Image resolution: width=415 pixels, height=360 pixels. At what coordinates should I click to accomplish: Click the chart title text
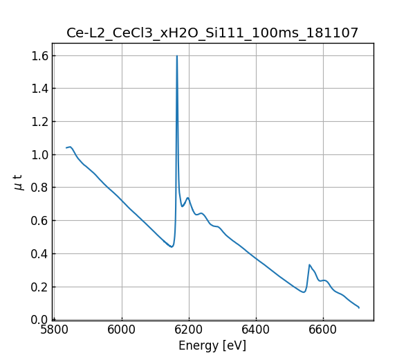click(x=212, y=33)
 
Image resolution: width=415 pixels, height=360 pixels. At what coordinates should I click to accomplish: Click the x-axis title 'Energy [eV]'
click(x=212, y=345)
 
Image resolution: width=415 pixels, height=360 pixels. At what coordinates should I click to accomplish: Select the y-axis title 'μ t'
click(x=18, y=182)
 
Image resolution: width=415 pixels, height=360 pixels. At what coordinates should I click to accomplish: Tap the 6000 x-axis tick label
click(x=122, y=330)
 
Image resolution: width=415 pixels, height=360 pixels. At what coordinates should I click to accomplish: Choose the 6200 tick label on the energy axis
click(x=189, y=330)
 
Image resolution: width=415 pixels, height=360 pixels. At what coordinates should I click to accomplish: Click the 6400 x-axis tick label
click(x=256, y=330)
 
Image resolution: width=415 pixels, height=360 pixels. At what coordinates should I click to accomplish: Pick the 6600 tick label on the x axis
click(x=323, y=330)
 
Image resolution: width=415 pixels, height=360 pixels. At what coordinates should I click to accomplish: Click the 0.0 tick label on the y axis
click(x=39, y=320)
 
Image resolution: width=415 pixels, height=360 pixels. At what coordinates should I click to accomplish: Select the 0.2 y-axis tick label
click(x=39, y=287)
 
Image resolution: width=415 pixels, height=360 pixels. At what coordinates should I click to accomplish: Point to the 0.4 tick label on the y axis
click(x=39, y=253)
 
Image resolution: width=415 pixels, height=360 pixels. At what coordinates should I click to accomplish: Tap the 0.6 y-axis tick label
click(x=39, y=220)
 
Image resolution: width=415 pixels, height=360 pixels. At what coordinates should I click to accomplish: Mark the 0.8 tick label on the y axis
click(x=39, y=188)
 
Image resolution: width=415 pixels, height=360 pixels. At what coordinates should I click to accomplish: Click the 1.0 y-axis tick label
click(x=39, y=154)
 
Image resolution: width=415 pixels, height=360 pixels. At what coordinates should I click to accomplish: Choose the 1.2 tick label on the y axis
click(x=39, y=121)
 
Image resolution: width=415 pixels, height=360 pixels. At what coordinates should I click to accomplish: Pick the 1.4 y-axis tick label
click(x=39, y=88)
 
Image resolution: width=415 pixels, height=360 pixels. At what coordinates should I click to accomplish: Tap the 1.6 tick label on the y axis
click(x=39, y=55)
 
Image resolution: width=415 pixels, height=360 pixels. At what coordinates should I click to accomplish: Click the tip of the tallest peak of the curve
click(x=177, y=56)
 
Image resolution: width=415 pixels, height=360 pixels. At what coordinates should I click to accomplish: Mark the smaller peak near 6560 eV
click(x=310, y=264)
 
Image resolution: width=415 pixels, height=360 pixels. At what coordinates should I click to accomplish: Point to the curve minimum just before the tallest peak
click(x=172, y=246)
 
